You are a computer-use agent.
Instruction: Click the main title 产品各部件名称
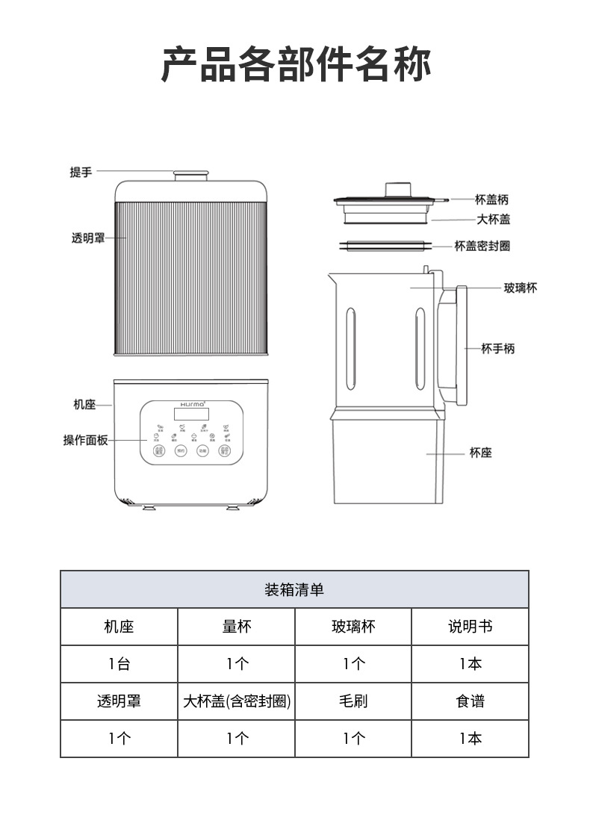(x=296, y=64)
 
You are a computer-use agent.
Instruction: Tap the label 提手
(x=81, y=173)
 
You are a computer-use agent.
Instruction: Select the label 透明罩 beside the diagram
(x=88, y=238)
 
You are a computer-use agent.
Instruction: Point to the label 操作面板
(x=85, y=441)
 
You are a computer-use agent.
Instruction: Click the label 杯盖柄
(x=491, y=200)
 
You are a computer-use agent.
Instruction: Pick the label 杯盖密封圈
(x=482, y=246)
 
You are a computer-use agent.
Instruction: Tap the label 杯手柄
(x=497, y=349)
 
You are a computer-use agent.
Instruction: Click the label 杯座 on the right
(x=481, y=453)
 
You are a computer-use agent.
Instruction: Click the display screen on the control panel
(x=190, y=414)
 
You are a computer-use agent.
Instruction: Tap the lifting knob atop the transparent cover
(x=190, y=176)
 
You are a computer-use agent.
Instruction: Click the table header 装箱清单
(x=294, y=590)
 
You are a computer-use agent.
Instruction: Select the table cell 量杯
(x=237, y=627)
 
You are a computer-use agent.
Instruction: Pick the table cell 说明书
(x=470, y=627)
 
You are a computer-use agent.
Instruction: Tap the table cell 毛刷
(x=353, y=701)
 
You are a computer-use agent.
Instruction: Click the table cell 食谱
(x=470, y=701)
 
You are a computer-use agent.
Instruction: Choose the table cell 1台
(x=119, y=664)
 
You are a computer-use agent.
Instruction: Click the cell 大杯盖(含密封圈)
(x=237, y=701)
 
